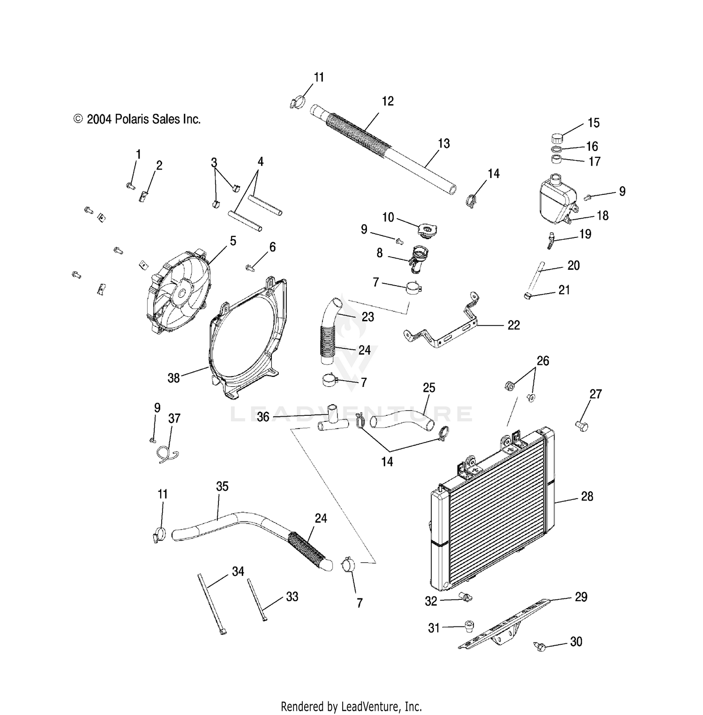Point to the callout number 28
click(587, 496)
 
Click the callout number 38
click(173, 378)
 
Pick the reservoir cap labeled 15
click(557, 139)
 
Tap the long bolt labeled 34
click(211, 604)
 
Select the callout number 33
click(292, 597)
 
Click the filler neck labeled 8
click(417, 258)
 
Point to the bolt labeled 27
click(582, 425)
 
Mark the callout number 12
click(388, 101)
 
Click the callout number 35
click(222, 486)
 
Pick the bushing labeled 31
click(469, 626)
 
